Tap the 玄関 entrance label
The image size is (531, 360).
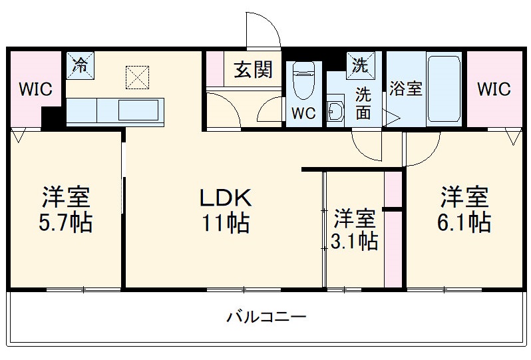pyautogui.click(x=253, y=69)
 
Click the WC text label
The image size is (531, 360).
pyautogui.click(x=304, y=112)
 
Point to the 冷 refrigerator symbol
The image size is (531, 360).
pyautogui.click(x=80, y=65)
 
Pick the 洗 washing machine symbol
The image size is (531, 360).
pyautogui.click(x=360, y=65)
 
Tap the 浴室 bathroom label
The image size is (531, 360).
pyautogui.click(x=405, y=89)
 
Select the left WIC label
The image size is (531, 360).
pyautogui.click(x=35, y=90)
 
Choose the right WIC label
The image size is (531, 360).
pyautogui.click(x=493, y=89)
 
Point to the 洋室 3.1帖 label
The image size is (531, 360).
pyautogui.click(x=355, y=229)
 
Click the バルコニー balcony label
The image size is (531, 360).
pyautogui.click(x=265, y=316)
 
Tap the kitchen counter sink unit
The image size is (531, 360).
pyautogui.click(x=114, y=109)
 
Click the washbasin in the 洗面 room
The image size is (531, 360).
pyautogui.click(x=335, y=113)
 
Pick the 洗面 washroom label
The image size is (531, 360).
pyautogui.click(x=363, y=103)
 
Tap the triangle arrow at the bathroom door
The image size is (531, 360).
pyautogui.click(x=393, y=119)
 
